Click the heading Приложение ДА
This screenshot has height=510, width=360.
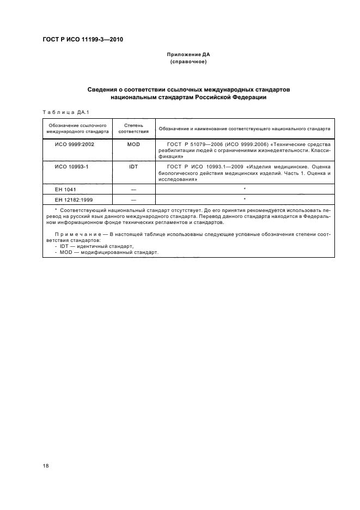coord(188,55)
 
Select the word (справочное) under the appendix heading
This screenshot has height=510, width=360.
coord(188,62)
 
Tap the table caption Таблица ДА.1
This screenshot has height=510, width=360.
coord(64,113)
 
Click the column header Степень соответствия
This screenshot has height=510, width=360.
coord(133,129)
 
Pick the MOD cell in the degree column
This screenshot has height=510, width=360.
coord(133,144)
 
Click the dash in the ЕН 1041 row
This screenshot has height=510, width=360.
coord(133,189)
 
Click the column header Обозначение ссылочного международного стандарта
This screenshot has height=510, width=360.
coord(77,129)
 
